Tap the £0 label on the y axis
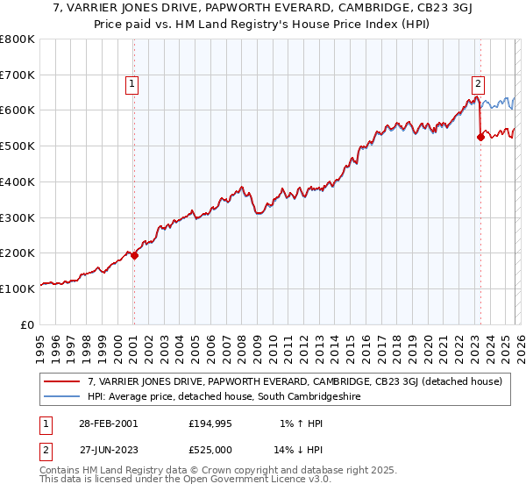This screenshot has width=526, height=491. [28, 324]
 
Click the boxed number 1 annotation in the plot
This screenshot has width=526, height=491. [131, 84]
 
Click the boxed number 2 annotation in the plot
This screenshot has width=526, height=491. [478, 84]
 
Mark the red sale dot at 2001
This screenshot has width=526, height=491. [134, 255]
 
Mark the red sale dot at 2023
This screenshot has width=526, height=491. [480, 137]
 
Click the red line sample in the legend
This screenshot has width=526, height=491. [64, 381]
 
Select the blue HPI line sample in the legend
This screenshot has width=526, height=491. [64, 396]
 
